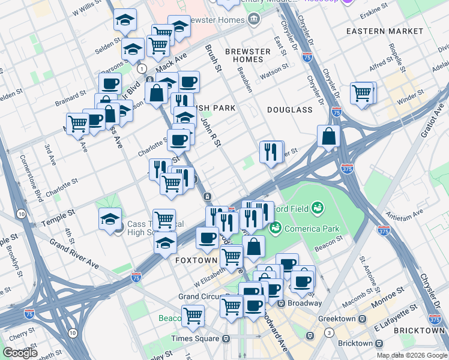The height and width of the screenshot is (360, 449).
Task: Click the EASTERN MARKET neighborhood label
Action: (x=385, y=31)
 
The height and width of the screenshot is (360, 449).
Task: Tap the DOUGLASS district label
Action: (x=291, y=110)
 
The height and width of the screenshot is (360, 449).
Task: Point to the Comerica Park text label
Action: (x=312, y=229)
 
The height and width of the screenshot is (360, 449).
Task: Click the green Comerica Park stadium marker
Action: (x=276, y=227)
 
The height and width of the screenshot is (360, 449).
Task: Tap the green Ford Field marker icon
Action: (x=318, y=209)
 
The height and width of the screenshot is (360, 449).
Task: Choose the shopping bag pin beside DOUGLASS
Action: (x=328, y=136)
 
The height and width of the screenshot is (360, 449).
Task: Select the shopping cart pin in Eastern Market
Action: (x=363, y=92)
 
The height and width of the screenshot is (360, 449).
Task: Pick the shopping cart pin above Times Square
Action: (x=193, y=315)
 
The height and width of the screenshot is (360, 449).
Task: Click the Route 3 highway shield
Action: (x=329, y=332)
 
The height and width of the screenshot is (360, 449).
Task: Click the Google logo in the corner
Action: (x=20, y=352)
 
